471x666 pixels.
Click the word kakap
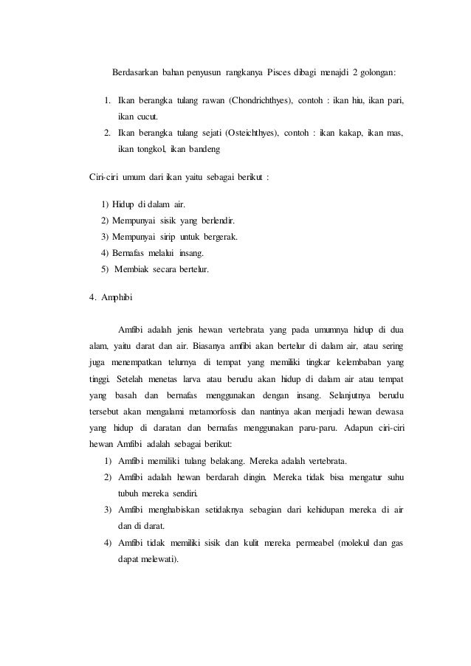(x=336, y=133)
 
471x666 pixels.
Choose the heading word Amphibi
(x=117, y=298)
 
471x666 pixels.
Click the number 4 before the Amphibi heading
(x=91, y=298)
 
